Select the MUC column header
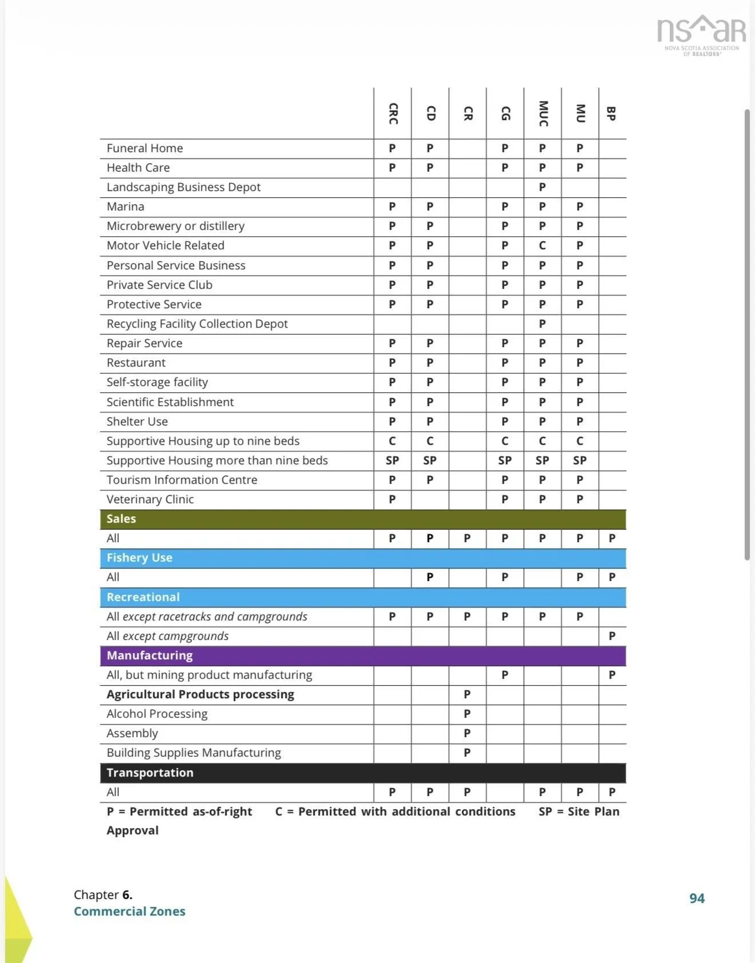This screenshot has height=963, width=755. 543,113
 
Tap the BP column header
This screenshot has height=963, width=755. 611,113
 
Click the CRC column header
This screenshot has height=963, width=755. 393,113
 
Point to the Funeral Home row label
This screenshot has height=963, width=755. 145,148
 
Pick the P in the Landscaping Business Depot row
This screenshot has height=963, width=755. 542,187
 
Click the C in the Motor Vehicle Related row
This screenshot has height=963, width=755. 542,245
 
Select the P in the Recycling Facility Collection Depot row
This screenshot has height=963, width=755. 542,324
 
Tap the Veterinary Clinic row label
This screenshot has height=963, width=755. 150,499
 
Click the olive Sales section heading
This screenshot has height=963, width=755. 121,519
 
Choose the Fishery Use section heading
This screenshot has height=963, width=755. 139,558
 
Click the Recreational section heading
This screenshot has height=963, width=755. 143,597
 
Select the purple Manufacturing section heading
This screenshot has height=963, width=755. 149,655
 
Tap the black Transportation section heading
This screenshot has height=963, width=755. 150,773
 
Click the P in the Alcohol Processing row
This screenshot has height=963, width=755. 467,714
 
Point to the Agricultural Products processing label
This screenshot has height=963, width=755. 200,694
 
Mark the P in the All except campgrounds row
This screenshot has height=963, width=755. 612,636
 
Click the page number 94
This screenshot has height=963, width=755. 697,898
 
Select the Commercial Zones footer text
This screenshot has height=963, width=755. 129,912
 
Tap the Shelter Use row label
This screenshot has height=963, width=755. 137,421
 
